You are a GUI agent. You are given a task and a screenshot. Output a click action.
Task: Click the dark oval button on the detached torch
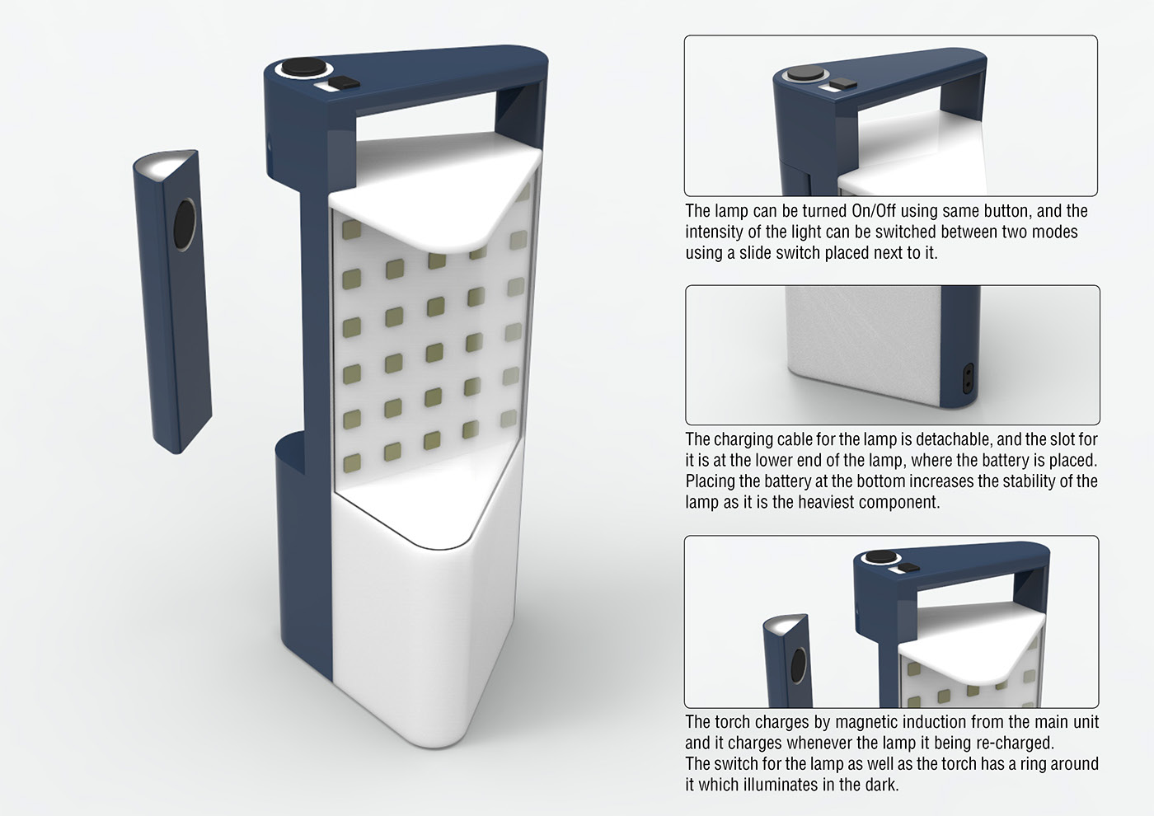(185, 224)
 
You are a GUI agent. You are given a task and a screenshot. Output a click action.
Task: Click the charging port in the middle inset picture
(969, 378)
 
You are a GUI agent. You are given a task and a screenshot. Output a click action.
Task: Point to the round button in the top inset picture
(799, 73)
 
